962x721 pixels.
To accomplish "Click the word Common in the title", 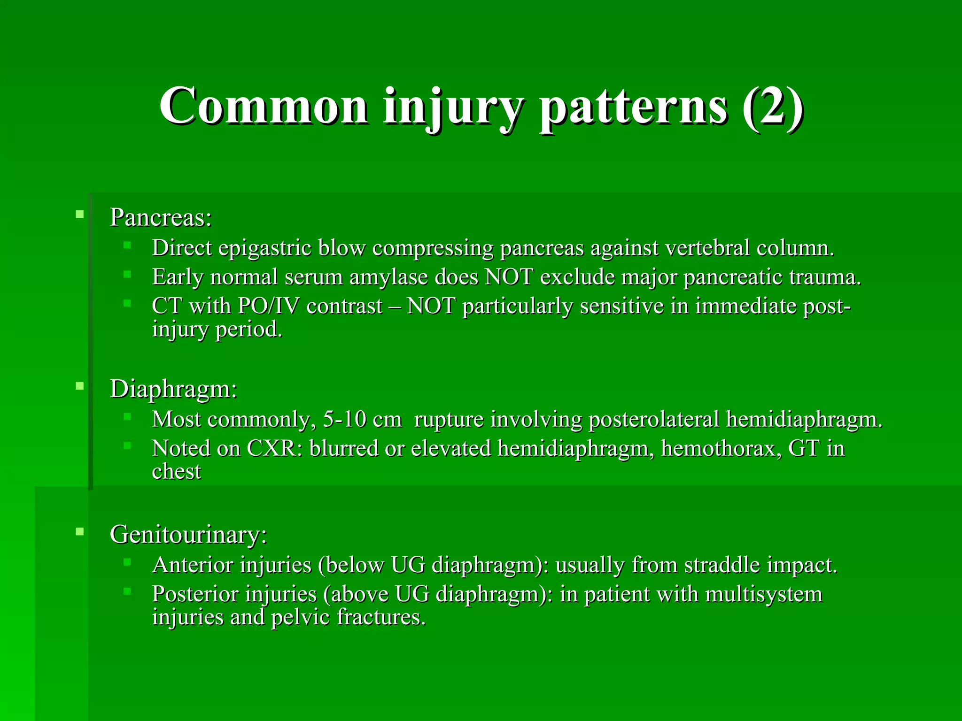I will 263,107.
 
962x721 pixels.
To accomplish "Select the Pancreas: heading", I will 161,218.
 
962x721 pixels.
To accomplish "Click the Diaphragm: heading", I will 173,389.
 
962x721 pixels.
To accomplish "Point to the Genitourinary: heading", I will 188,535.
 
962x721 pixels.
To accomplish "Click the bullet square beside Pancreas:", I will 79,215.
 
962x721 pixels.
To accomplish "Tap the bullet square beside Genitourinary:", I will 79,532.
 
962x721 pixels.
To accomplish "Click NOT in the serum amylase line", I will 509,277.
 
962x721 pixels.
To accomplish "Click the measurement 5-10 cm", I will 362,420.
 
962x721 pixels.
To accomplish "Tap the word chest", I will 176,472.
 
